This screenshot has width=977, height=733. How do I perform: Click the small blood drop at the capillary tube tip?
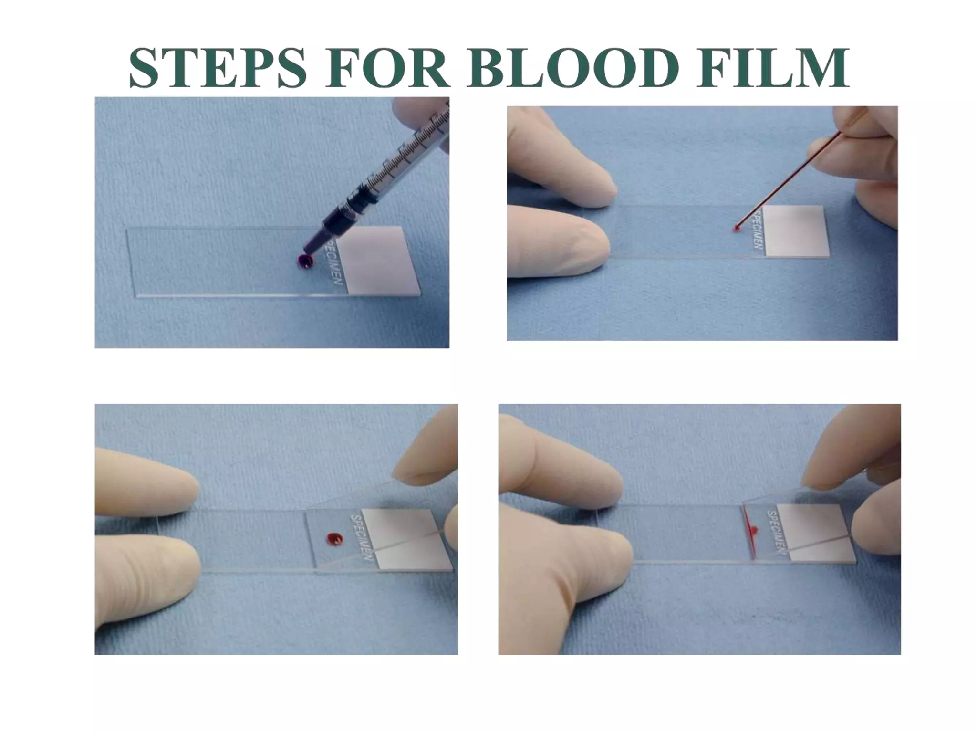click(736, 229)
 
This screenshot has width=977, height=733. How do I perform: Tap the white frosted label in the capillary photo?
click(796, 231)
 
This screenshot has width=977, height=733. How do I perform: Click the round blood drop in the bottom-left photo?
click(334, 539)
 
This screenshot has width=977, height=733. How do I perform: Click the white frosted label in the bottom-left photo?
click(405, 539)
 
